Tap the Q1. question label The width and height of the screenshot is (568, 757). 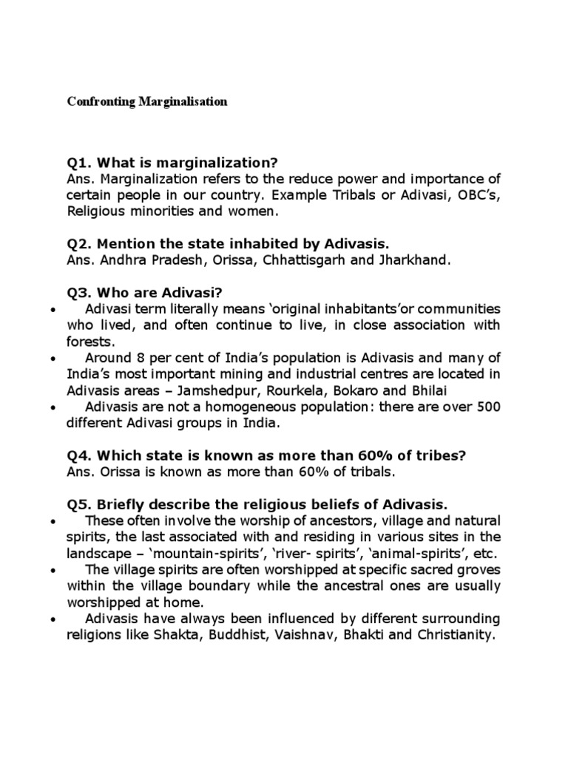point(81,163)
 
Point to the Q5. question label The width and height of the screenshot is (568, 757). point(81,505)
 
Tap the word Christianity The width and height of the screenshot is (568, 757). point(448,634)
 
